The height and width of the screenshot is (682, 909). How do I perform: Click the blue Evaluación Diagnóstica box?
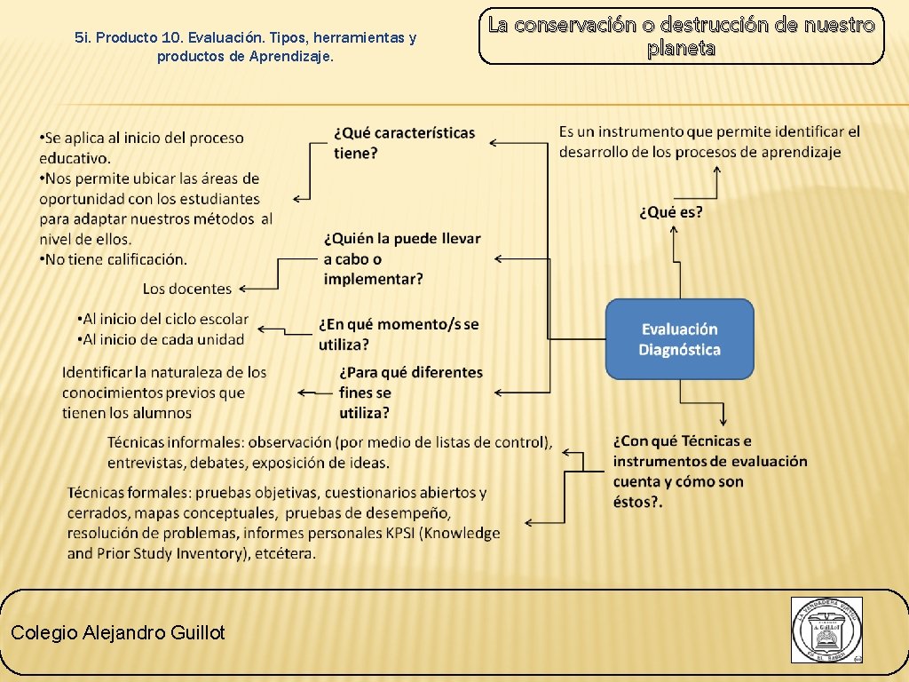pos(680,339)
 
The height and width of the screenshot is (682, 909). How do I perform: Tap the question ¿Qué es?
pos(670,212)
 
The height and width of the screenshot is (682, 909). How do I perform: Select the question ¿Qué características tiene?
pos(404,143)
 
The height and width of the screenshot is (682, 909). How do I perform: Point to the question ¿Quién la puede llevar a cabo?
pos(401,258)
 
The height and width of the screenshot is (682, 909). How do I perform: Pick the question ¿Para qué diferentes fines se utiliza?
pos(410,393)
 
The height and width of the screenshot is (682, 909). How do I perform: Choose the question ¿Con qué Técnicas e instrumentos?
pos(709,472)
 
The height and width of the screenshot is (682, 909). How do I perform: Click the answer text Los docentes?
pos(187,289)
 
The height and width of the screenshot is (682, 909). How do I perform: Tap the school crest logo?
pos(826,630)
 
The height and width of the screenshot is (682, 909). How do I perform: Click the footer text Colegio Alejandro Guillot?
pos(118,632)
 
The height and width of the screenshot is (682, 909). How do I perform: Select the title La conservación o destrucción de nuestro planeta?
pos(682,36)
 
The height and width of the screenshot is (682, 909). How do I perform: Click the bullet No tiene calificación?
pos(115,259)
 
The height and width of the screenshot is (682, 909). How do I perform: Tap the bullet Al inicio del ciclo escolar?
pos(163,319)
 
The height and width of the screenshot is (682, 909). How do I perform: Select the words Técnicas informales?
pos(175,441)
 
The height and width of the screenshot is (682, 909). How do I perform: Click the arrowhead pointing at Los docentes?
pos(242,288)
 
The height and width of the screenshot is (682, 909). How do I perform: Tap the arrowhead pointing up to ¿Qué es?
pos(675,229)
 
